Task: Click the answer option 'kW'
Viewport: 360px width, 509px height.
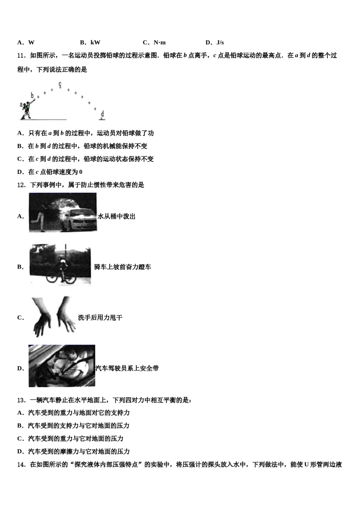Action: [95, 42]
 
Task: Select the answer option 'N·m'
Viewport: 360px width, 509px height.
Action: [160, 42]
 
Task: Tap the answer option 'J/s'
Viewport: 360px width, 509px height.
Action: [220, 42]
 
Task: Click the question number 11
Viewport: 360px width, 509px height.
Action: [21, 56]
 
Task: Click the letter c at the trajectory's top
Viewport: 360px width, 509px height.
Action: [60, 84]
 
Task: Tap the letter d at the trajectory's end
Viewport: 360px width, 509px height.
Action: [102, 114]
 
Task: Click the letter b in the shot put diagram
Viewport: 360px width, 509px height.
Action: [33, 96]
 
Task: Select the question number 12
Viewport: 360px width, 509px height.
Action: [21, 185]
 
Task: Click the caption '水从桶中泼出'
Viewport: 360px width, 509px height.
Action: [117, 217]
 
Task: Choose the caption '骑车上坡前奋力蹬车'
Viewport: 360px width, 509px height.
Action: [123, 267]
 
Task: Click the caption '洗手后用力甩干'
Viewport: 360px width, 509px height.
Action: [100, 318]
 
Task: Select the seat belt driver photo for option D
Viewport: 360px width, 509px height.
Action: [62, 365]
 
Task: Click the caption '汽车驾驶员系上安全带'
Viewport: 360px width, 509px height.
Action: [127, 368]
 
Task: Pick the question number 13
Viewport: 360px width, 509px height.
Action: [21, 400]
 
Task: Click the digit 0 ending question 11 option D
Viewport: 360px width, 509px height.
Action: [81, 172]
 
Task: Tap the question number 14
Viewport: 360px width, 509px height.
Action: [21, 465]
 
